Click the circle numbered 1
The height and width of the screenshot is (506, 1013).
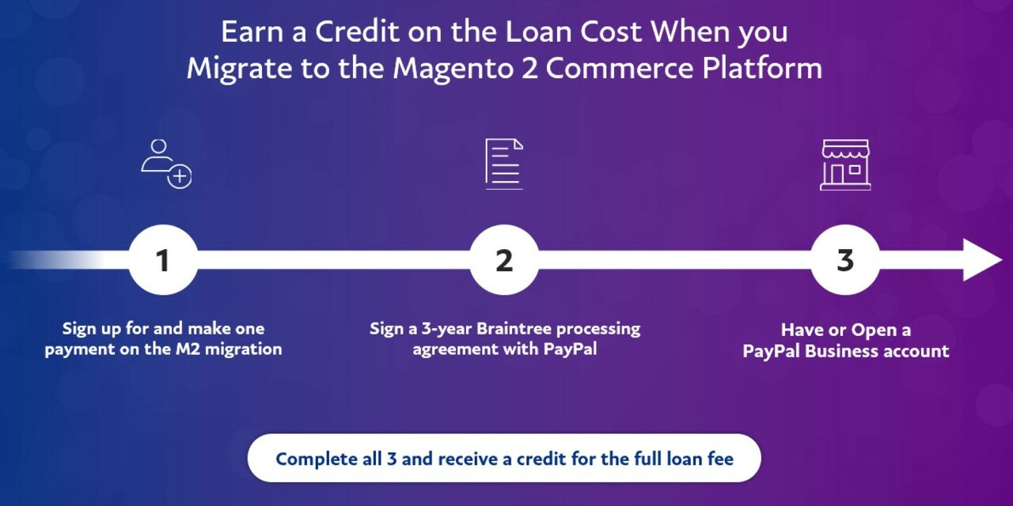(x=163, y=260)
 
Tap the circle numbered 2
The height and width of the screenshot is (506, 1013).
(x=504, y=260)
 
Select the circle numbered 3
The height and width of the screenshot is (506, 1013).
(x=845, y=260)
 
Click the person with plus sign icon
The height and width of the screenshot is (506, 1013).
(x=166, y=164)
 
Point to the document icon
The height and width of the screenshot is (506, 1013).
(x=504, y=164)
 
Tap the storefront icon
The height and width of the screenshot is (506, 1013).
(x=845, y=165)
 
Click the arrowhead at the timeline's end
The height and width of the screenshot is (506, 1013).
(x=982, y=260)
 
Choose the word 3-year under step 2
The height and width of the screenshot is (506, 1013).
(x=446, y=329)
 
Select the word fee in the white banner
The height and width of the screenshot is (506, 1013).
(x=723, y=459)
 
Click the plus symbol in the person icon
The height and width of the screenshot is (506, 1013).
(x=180, y=176)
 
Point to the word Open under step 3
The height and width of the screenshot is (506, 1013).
(x=873, y=330)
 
